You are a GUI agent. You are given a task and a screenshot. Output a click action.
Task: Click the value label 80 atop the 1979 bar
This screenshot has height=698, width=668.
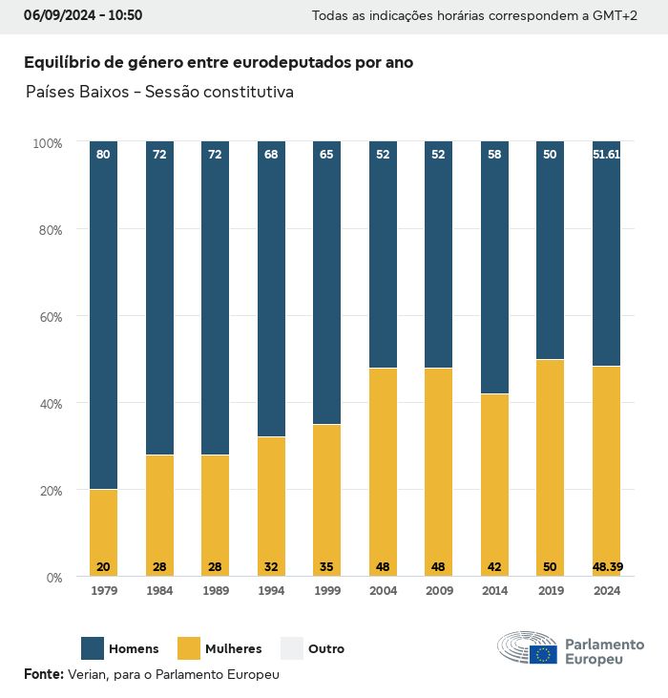click(x=103, y=154)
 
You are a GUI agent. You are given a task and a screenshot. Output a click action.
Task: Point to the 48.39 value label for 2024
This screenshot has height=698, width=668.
click(x=606, y=567)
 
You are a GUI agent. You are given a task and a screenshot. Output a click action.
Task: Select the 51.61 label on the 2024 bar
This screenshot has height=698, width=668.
click(x=606, y=154)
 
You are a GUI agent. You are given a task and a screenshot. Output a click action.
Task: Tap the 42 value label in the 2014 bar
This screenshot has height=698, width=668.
click(x=494, y=567)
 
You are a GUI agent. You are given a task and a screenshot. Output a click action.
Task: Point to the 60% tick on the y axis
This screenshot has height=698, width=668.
click(x=48, y=316)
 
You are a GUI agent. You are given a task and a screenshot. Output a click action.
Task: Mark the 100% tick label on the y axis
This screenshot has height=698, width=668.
click(x=47, y=142)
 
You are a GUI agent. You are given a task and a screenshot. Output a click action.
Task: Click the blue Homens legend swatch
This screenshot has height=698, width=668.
click(x=92, y=648)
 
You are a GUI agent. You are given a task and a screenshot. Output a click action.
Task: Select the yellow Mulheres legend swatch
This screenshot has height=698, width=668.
click(x=189, y=648)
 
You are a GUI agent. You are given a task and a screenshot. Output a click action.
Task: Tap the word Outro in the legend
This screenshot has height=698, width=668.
click(x=326, y=648)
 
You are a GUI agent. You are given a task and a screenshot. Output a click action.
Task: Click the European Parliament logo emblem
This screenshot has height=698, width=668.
click(x=527, y=648)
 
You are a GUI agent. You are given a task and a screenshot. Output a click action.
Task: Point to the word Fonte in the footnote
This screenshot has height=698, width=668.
click(x=43, y=673)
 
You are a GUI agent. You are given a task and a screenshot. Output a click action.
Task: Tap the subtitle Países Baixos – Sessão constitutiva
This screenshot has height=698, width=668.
click(x=159, y=93)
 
